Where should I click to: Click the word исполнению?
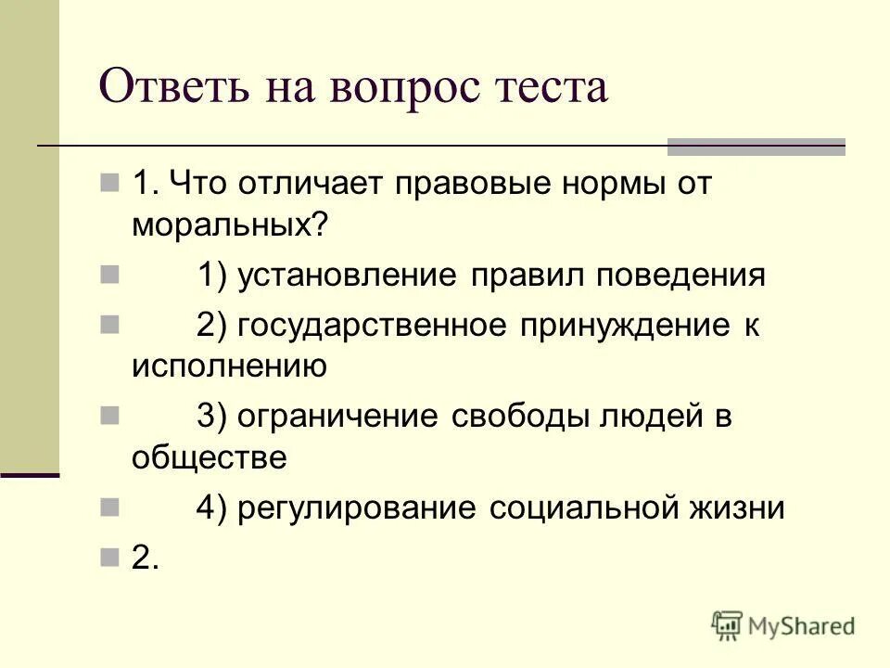click(x=229, y=366)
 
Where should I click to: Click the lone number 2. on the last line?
click(x=146, y=557)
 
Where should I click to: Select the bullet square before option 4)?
click(x=109, y=506)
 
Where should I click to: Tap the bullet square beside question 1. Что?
click(x=109, y=181)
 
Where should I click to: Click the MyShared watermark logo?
click(x=783, y=625)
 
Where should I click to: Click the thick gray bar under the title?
click(x=756, y=147)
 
